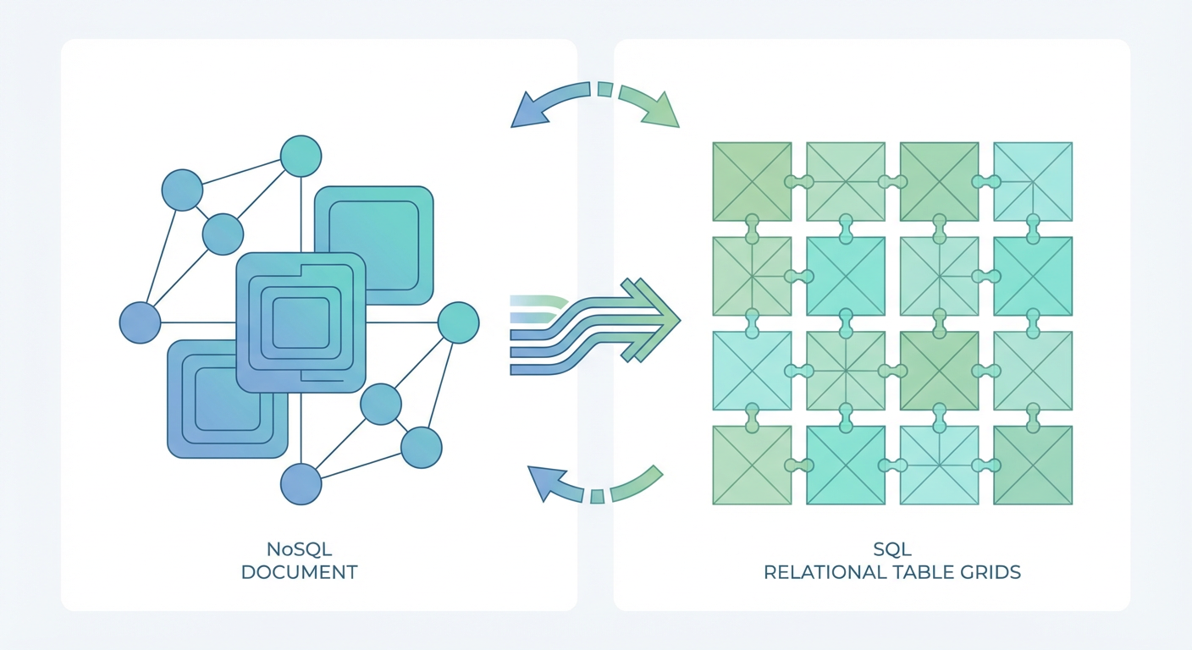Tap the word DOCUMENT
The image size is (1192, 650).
[x=299, y=572]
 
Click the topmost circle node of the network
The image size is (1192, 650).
[x=301, y=156]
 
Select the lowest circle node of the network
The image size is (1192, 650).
[x=301, y=485]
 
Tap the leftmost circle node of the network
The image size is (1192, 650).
[x=140, y=323]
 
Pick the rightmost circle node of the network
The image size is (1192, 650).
[x=458, y=322]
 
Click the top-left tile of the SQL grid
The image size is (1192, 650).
[x=752, y=181]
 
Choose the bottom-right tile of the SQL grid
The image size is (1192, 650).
[x=1033, y=465]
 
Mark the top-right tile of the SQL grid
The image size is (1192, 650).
[x=1033, y=181]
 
